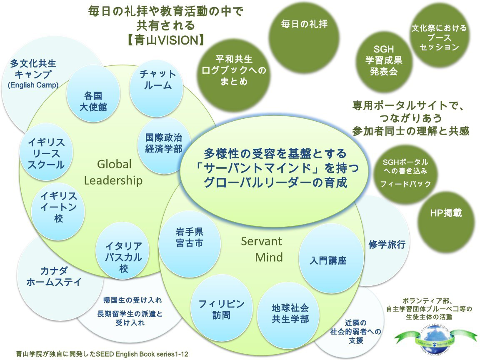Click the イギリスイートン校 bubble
click(58, 207)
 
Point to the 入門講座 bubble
click(328, 260)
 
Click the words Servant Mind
click(262, 249)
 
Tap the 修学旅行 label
click(387, 245)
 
